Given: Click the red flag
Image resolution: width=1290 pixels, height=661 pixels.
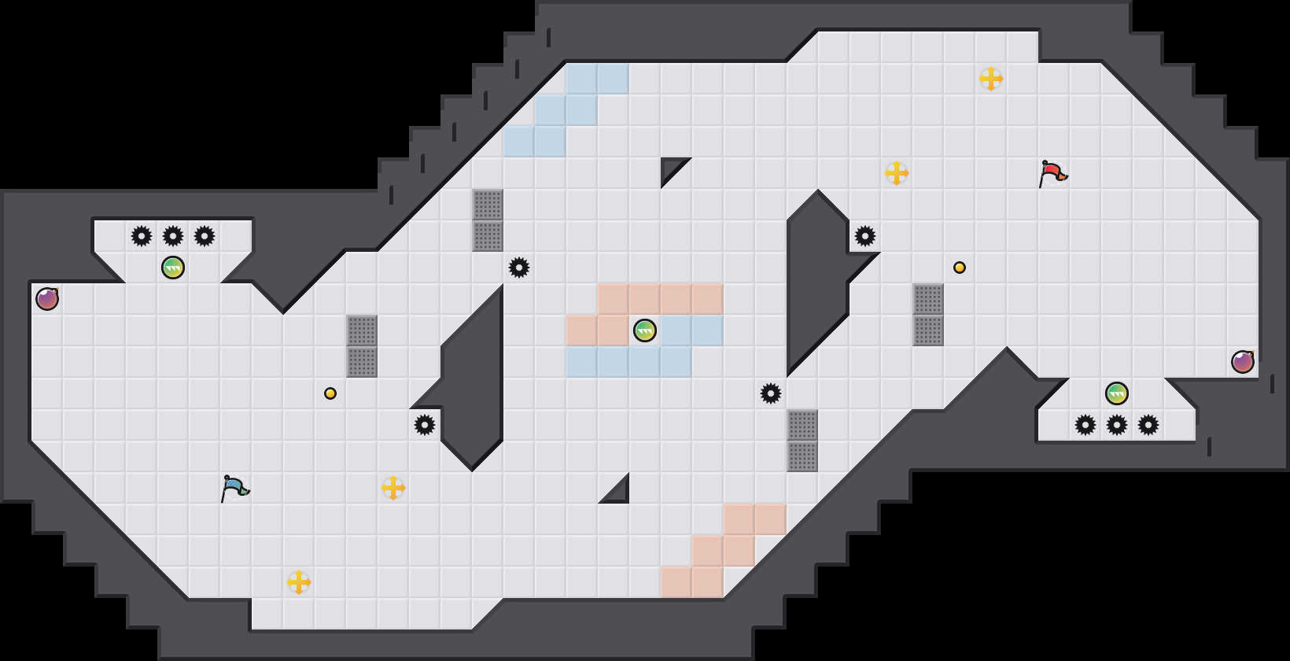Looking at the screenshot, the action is click(1052, 173).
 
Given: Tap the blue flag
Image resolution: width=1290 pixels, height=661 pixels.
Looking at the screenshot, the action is click(234, 488).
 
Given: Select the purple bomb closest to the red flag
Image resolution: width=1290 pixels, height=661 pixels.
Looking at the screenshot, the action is click(1242, 362).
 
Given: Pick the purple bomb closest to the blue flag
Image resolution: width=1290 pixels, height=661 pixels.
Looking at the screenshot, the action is click(47, 299).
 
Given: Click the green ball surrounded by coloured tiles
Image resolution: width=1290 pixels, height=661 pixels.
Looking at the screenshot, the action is click(645, 330).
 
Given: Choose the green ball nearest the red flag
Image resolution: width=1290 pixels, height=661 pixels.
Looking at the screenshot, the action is click(1117, 393).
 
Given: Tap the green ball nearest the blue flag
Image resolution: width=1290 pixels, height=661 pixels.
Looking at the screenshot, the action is click(173, 268).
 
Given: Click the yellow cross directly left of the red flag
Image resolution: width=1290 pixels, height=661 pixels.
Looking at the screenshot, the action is click(897, 173).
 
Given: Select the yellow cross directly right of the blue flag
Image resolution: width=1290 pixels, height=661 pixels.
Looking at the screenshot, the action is click(393, 488).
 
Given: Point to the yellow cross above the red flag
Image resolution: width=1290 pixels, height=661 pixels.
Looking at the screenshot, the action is click(991, 79).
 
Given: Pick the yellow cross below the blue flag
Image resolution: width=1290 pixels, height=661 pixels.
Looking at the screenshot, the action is click(299, 582).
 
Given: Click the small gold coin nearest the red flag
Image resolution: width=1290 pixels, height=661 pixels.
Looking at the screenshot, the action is click(960, 268).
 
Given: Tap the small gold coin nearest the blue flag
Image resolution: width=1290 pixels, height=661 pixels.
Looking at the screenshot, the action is click(330, 393).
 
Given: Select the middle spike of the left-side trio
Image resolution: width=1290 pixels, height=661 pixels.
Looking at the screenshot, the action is click(173, 236).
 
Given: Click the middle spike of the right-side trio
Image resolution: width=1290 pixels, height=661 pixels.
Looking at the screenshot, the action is click(1117, 425).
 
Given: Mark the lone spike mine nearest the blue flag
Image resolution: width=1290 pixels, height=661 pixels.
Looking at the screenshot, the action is click(425, 425).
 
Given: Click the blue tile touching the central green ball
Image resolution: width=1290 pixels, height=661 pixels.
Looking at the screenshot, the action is click(676, 330).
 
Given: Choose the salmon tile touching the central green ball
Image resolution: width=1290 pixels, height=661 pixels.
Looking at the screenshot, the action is click(614, 330).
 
